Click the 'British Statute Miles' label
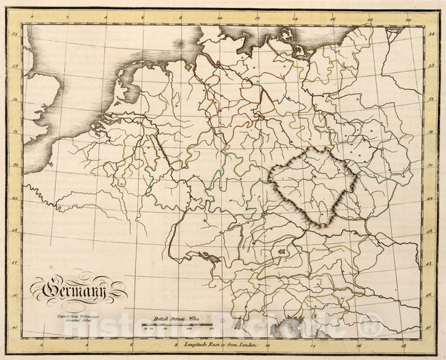[173, 316]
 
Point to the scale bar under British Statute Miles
[173, 324]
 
